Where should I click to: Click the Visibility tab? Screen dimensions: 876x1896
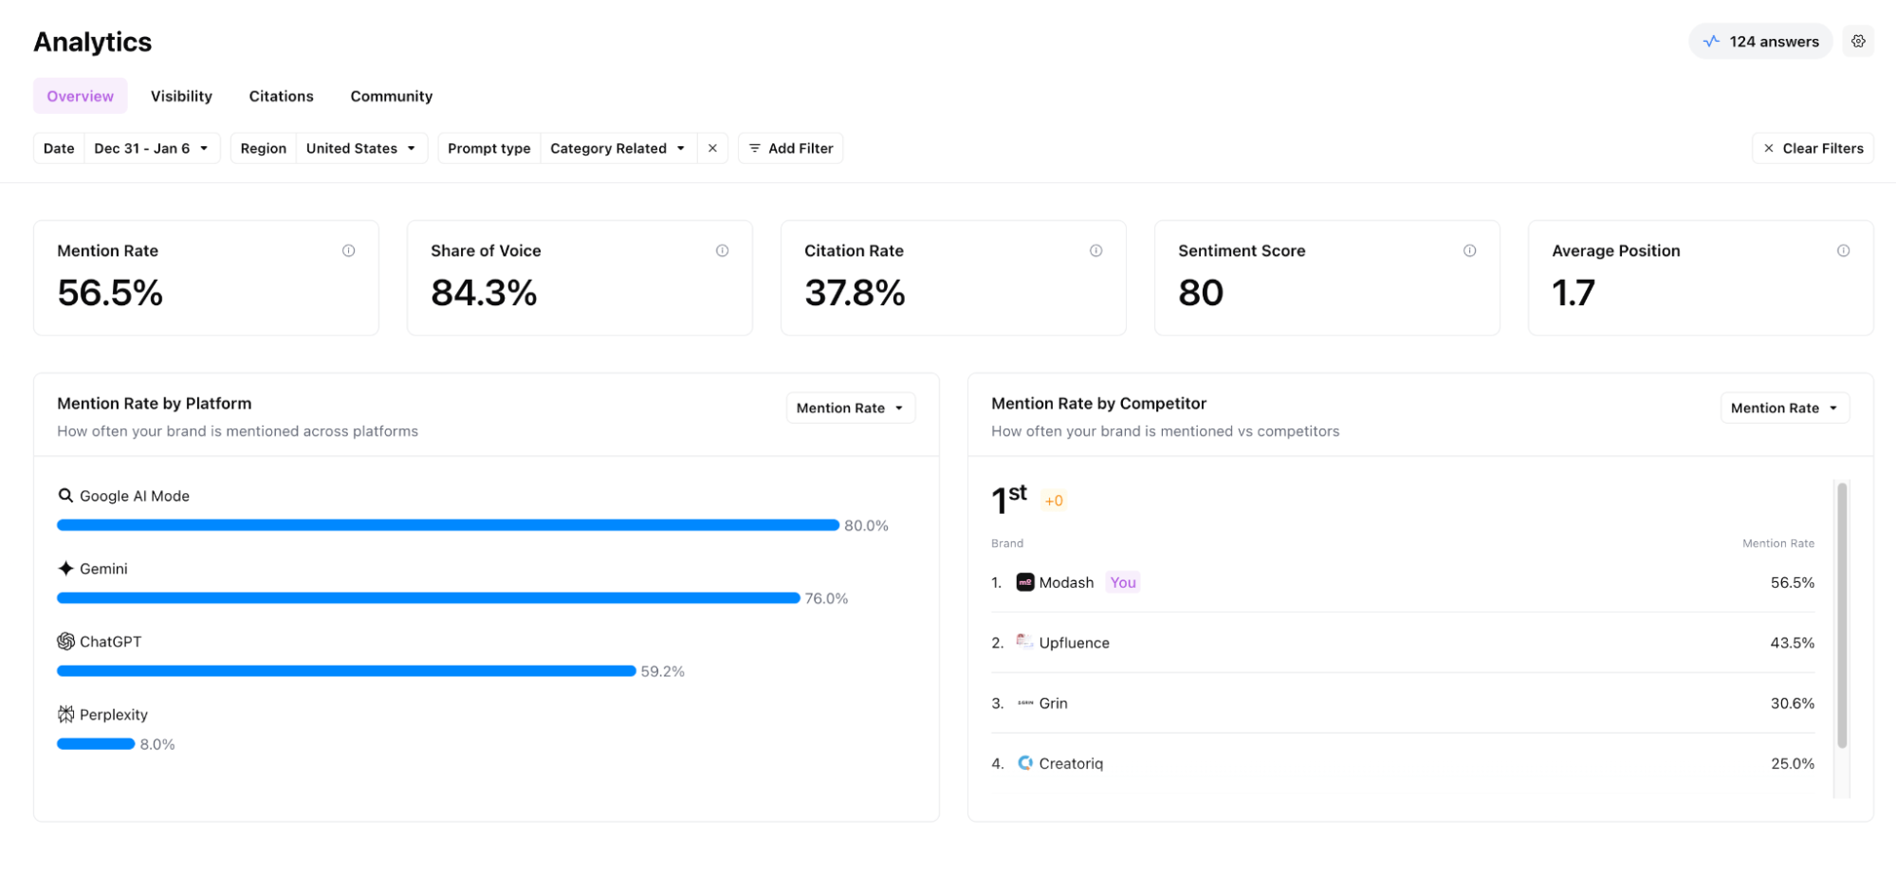tap(181, 96)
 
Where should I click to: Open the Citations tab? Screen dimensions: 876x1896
tap(281, 96)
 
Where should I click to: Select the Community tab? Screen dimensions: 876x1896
tap(391, 96)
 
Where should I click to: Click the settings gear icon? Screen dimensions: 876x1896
tap(1858, 42)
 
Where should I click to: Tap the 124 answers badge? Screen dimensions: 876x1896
tap(1760, 42)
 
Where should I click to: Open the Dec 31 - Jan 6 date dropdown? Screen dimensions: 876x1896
tap(152, 148)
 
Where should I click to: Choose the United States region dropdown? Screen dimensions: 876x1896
tap(360, 148)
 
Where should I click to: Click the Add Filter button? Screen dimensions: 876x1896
tap(790, 148)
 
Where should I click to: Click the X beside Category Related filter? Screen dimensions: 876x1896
tap(712, 148)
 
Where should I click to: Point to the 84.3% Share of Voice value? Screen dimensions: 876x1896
tap(484, 293)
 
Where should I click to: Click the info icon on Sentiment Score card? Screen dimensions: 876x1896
tap(1469, 250)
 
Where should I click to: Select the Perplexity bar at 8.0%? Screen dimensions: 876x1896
tap(96, 744)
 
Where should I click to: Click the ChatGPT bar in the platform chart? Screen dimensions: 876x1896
tap(346, 671)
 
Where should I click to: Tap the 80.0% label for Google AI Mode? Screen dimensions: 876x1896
tap(866, 525)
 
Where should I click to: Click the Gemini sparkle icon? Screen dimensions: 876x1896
tap(65, 569)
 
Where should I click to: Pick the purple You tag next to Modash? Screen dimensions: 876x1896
tap(1123, 582)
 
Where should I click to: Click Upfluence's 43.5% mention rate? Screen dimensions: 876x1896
tap(1792, 643)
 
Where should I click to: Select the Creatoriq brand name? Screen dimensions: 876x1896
tap(1071, 763)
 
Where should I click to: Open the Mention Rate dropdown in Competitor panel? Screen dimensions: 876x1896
tap(1784, 408)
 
